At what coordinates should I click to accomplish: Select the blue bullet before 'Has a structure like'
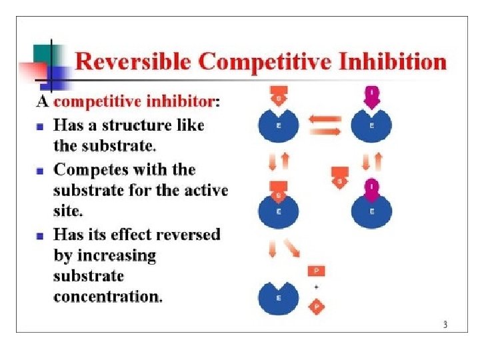tap(40, 125)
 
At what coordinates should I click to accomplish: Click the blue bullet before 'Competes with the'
tap(40, 171)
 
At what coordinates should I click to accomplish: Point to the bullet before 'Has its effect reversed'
tap(40, 235)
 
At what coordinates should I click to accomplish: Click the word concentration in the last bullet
tap(107, 296)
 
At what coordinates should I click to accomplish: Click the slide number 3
tap(445, 325)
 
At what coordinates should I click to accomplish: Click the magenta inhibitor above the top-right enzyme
tap(372, 97)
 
